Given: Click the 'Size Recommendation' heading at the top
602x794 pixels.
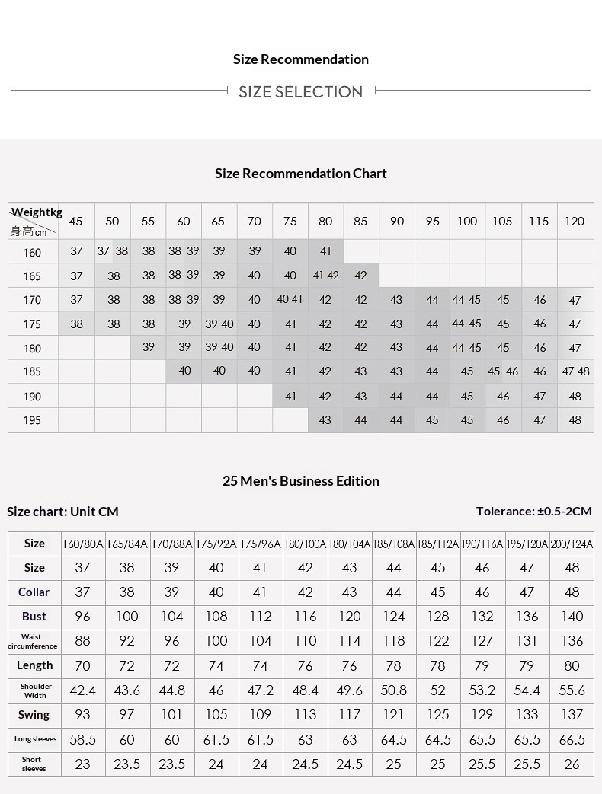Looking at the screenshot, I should [300, 59].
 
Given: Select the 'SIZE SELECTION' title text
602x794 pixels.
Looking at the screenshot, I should [300, 92].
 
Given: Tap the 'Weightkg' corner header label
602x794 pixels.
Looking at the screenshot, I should [37, 212].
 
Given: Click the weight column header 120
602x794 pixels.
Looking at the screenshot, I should [575, 222].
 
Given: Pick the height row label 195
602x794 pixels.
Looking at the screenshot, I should [32, 420].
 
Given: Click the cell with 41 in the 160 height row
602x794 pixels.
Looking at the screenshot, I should [325, 251].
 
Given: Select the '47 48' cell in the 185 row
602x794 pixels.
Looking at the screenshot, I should [575, 371].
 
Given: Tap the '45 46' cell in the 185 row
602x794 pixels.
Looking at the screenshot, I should [503, 371].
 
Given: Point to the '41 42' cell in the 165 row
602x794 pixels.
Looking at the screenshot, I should [325, 276].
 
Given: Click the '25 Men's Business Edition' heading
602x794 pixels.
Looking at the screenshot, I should [300, 481].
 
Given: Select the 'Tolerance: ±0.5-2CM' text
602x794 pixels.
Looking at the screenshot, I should [533, 512].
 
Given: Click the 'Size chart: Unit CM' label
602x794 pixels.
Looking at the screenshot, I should [62, 512].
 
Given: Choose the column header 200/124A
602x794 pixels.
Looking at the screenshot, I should [572, 544].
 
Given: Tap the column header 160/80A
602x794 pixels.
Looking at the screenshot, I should [83, 544].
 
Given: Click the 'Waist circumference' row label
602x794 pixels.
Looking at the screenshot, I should [32, 641].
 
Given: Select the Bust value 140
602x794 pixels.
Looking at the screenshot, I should [572, 617].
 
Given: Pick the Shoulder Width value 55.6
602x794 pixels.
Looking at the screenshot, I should [572, 690].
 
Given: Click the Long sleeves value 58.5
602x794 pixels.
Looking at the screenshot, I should [83, 740].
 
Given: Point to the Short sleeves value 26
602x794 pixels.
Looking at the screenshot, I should [572, 764].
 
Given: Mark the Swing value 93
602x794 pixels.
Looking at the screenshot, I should [83, 715].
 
